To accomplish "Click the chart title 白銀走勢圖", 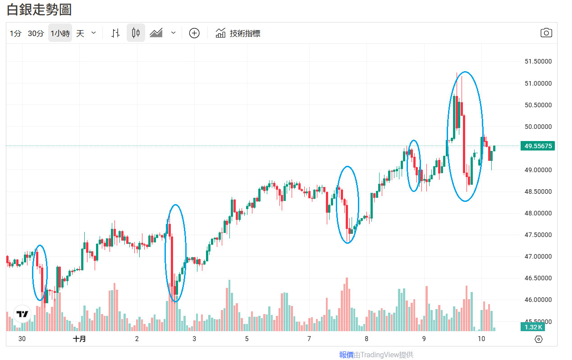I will tap(39, 9).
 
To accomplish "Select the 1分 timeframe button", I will tap(16, 33).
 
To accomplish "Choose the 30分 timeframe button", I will tap(36, 33).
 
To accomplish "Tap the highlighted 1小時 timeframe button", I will tap(60, 33).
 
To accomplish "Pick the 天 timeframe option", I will tap(80, 33).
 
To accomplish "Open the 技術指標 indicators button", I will tap(238, 33).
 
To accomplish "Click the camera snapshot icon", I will tap(546, 33).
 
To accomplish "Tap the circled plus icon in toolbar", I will tap(194, 33).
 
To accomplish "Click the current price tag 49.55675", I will tap(537, 146).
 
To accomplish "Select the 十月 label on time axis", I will tap(79, 339).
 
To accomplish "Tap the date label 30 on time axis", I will tap(22, 339).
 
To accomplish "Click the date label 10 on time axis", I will tap(481, 339).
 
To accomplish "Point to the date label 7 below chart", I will tap(309, 339).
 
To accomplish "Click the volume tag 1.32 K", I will tap(533, 327).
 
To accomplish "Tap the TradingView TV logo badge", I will tap(22, 314).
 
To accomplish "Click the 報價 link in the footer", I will tap(346, 355).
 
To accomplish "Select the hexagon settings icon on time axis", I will tap(538, 339).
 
